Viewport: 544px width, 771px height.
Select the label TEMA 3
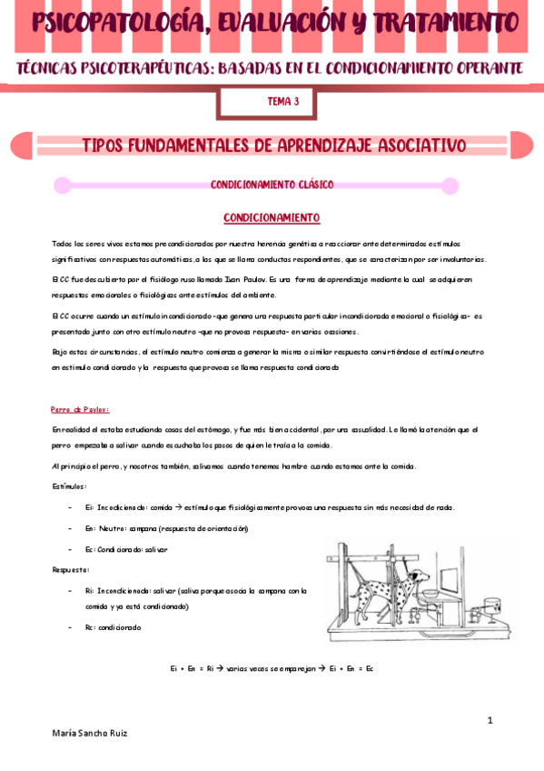[283, 102]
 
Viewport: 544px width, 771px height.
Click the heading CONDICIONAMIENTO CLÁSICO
[272, 185]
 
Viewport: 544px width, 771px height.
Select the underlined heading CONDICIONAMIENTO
[272, 218]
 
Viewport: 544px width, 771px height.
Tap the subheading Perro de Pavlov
[81, 408]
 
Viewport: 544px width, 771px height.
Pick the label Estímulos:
[69, 486]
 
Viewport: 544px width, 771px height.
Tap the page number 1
[490, 720]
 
